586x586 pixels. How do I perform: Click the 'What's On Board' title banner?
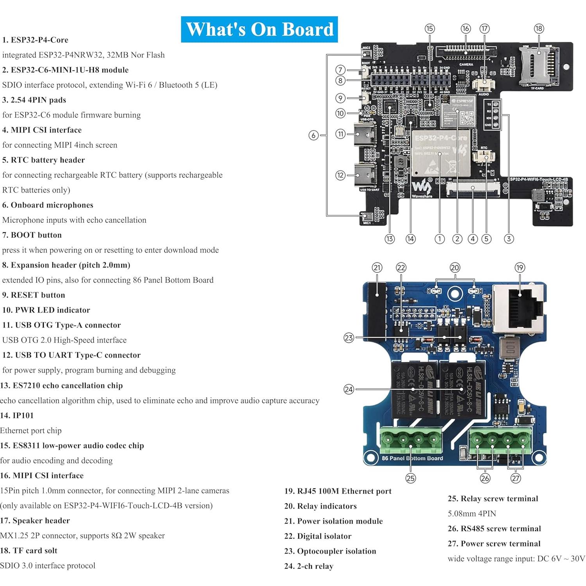(259, 29)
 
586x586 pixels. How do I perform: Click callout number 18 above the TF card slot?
(539, 29)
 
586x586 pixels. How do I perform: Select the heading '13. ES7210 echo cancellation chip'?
(61, 385)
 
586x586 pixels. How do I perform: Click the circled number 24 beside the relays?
(349, 389)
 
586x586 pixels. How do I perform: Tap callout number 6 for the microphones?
(313, 135)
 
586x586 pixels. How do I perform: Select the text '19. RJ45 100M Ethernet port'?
(338, 491)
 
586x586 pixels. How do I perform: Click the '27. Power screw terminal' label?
(494, 543)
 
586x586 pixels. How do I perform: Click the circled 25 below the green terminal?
(410, 478)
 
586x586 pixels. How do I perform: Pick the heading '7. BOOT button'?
(32, 235)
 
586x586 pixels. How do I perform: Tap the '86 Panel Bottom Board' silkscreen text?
(412, 458)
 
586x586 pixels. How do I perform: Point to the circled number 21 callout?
(377, 268)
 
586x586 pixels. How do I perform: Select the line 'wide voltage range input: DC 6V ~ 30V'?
(516, 558)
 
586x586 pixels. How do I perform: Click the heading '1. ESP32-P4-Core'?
(35, 40)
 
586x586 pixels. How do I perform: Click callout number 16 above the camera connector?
(465, 29)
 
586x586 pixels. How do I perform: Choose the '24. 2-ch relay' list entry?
(309, 566)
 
